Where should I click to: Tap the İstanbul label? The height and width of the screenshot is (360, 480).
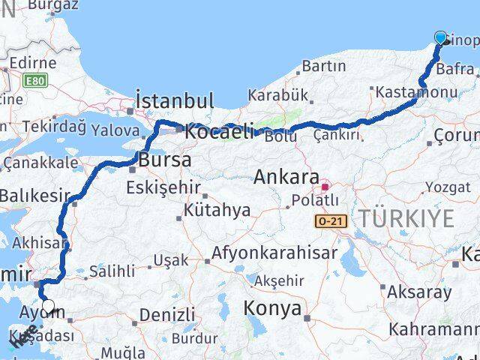tap(175, 100)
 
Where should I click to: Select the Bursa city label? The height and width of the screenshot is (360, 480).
tap(163, 160)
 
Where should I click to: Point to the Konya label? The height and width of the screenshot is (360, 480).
tap(273, 309)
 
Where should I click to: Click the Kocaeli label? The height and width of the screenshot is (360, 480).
tap(220, 131)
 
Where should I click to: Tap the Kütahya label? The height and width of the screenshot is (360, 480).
tap(217, 210)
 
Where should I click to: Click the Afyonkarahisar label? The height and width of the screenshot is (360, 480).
tap(274, 253)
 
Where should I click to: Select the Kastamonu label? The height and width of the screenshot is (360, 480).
tap(418, 92)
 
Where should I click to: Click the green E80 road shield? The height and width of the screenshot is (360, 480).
tap(33, 80)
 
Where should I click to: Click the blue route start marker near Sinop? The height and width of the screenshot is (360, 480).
tap(440, 37)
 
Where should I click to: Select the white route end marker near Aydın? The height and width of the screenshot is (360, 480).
tap(49, 306)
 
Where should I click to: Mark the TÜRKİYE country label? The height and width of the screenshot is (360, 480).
tap(406, 219)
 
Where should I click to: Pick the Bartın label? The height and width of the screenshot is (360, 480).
tap(323, 67)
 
